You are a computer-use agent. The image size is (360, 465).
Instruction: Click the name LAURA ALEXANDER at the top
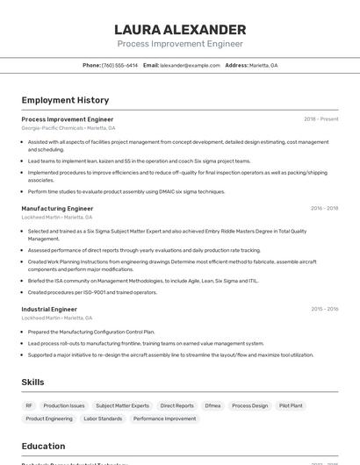point(180,29)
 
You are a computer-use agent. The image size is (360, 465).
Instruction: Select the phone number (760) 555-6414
point(119,65)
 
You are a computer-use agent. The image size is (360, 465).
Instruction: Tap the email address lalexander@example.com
point(190,65)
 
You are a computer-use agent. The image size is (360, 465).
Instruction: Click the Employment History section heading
point(65,100)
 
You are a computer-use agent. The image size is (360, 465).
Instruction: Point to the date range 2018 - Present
point(320,119)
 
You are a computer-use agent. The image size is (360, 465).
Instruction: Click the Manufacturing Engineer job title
point(57,209)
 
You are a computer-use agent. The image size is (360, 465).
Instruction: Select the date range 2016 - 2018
point(324,209)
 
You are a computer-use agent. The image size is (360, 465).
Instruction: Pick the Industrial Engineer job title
point(49,309)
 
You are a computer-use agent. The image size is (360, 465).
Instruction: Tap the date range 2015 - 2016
point(324,309)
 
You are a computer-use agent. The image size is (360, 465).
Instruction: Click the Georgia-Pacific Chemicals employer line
point(68,128)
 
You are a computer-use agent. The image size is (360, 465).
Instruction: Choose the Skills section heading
point(32,383)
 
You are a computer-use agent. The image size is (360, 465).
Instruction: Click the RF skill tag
point(29,406)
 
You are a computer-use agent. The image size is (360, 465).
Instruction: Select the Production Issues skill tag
point(64,406)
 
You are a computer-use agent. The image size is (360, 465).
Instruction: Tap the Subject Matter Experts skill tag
point(122,406)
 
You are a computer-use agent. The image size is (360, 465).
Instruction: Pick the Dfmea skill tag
point(212,406)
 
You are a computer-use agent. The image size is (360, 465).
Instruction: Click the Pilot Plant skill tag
point(291,406)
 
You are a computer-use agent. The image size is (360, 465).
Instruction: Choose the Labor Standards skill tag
point(103,419)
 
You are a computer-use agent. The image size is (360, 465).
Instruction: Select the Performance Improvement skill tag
point(164,419)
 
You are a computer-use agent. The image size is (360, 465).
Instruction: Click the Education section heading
point(43,447)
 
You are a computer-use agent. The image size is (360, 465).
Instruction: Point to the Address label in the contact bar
point(236,65)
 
